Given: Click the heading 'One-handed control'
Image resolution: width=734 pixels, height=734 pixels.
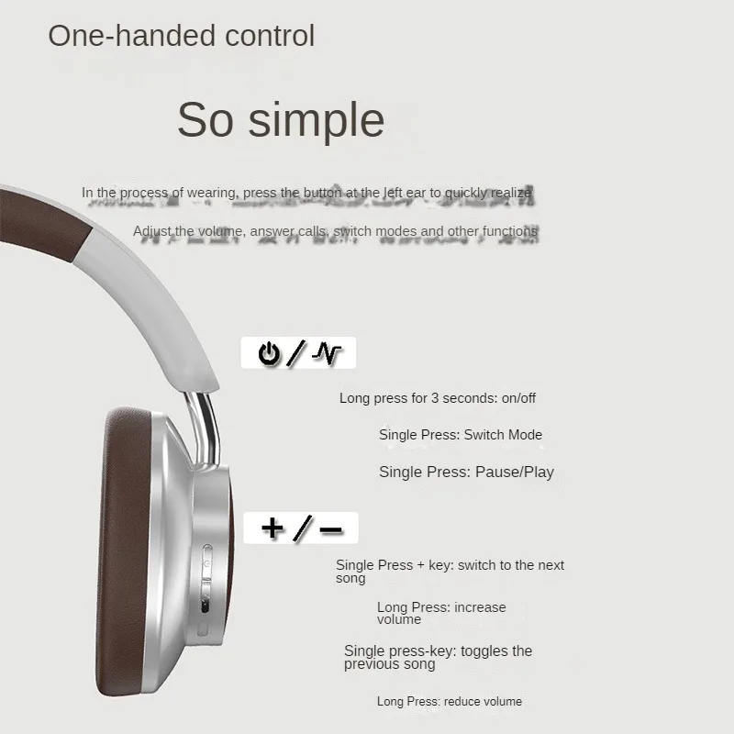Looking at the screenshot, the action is (x=181, y=36).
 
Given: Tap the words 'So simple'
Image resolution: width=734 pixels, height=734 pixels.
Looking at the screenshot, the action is (x=281, y=120).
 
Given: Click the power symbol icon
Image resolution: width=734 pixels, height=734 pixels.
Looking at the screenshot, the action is (x=269, y=353).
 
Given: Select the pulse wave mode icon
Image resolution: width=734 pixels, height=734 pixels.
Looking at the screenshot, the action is (x=327, y=353).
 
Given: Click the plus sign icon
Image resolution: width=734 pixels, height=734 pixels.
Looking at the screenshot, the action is (x=272, y=528).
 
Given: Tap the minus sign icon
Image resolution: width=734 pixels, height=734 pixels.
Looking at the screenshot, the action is (x=331, y=529).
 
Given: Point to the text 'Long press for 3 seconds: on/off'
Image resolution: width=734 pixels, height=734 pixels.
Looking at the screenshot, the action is (x=438, y=398).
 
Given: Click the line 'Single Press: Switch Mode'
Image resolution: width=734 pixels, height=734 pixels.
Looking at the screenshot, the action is (x=461, y=435).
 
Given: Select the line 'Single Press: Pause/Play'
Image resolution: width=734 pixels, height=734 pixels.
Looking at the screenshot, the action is (x=466, y=472).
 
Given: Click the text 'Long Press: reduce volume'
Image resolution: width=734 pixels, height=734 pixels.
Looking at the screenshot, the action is (x=450, y=701).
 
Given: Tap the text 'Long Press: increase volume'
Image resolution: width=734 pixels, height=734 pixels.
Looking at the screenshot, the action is (x=441, y=613).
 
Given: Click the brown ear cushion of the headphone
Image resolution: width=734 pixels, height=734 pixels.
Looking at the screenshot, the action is (x=122, y=552).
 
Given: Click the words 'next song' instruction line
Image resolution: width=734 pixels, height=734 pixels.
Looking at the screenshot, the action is (x=450, y=571).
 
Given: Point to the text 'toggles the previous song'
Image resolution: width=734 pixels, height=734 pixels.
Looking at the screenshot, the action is (x=439, y=657).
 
